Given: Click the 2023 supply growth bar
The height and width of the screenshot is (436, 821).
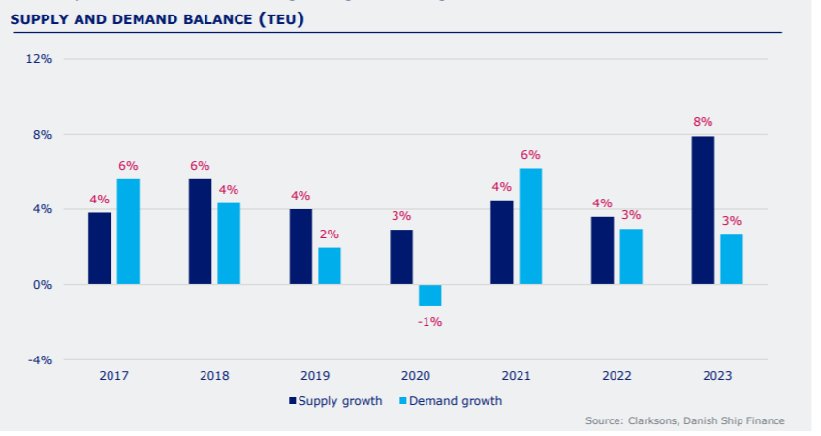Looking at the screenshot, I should (703, 210).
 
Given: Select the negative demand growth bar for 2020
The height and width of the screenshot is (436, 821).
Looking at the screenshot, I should (429, 296).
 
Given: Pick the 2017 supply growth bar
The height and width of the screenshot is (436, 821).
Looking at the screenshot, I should (100, 248).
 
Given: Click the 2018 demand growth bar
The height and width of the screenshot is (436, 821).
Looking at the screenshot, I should (229, 243).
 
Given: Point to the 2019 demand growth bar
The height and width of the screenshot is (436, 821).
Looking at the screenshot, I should (330, 265).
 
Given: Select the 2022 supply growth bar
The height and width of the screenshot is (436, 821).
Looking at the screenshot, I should (602, 250).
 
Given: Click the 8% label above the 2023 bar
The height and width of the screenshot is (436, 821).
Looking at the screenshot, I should (703, 122).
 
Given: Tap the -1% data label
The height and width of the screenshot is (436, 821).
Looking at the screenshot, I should (429, 321).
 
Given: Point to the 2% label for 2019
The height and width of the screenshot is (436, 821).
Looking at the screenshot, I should (330, 234).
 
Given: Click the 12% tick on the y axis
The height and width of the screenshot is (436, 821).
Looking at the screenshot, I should (39, 59).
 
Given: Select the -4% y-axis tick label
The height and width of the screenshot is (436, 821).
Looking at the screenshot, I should (39, 360).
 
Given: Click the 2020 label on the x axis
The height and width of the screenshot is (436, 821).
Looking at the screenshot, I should (416, 376).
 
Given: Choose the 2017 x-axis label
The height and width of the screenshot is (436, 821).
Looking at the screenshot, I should (113, 376).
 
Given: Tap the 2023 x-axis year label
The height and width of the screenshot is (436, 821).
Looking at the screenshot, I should (717, 376).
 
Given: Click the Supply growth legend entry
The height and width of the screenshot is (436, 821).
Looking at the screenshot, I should (335, 400).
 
